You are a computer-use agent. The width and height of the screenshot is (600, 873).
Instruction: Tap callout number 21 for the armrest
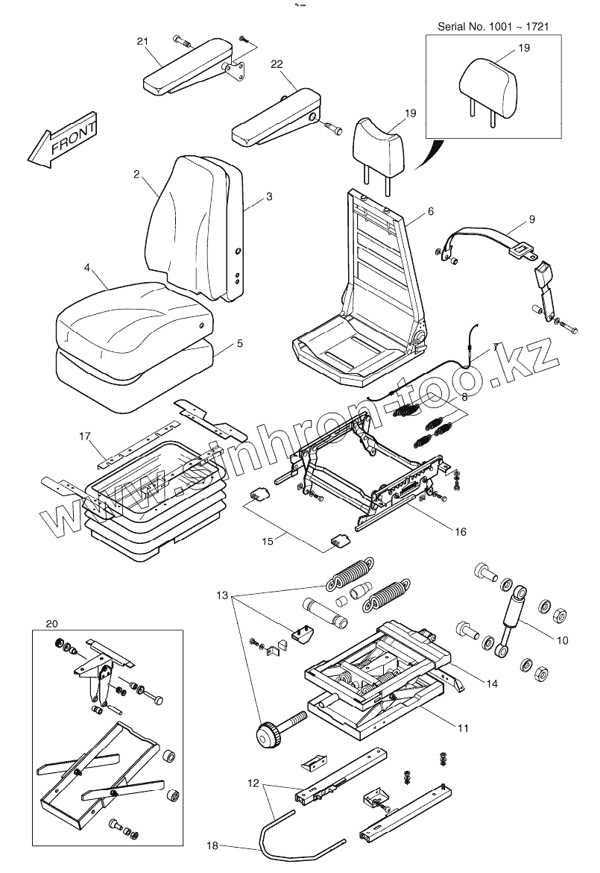[x=142, y=41]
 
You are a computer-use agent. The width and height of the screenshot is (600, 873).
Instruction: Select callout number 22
[x=277, y=66]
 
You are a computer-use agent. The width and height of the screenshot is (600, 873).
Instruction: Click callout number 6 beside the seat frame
[x=430, y=212]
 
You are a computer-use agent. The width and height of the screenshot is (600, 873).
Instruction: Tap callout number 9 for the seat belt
[x=531, y=219]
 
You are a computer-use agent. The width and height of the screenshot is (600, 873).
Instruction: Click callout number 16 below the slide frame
[x=460, y=531]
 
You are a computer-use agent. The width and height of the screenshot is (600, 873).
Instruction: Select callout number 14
[x=492, y=683]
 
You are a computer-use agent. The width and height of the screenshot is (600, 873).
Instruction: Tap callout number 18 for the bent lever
[x=213, y=845]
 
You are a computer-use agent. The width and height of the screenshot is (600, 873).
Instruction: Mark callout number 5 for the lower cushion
[x=239, y=344]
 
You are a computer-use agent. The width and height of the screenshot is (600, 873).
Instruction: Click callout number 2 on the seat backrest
[x=136, y=174]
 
